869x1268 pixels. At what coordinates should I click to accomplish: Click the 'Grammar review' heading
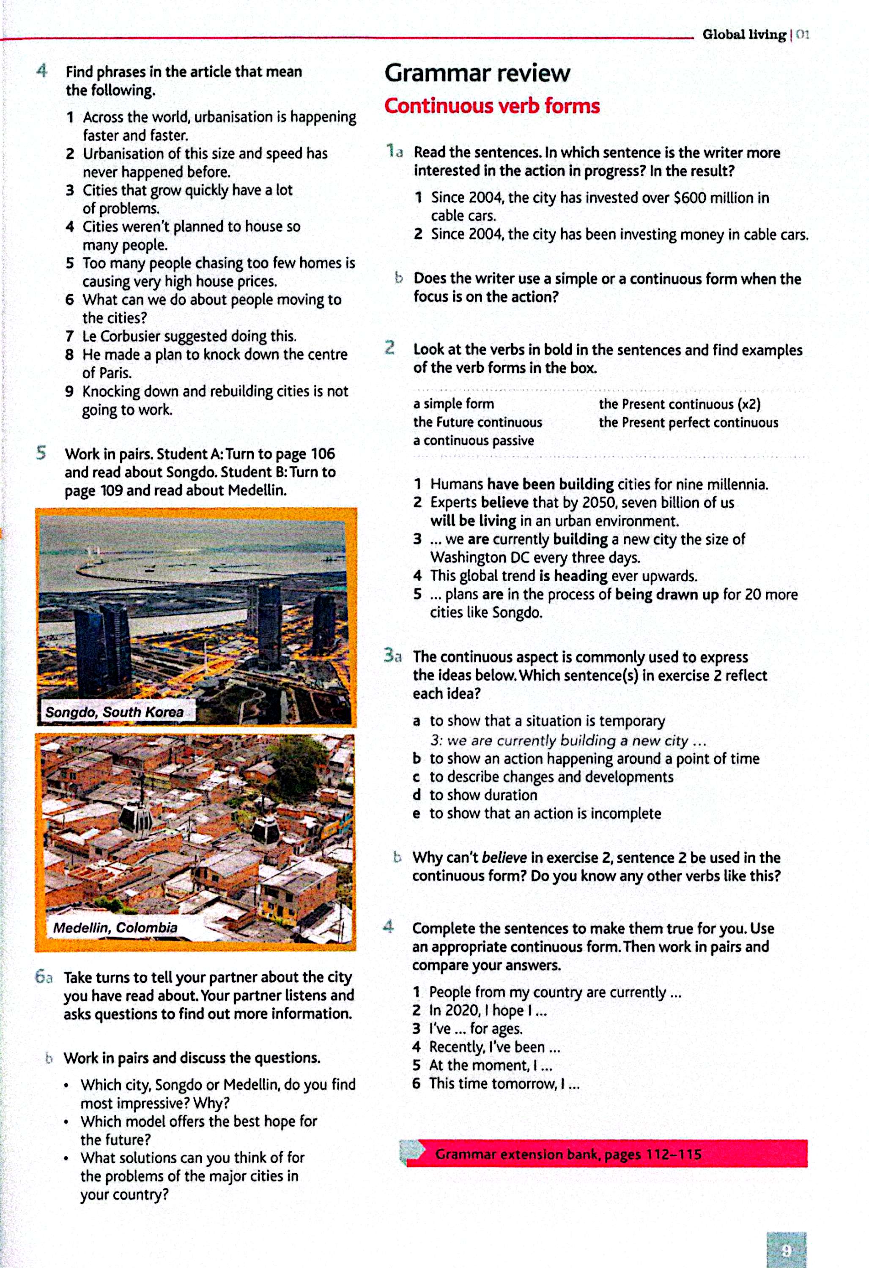(477, 73)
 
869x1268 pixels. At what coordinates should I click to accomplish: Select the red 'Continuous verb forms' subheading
(492, 106)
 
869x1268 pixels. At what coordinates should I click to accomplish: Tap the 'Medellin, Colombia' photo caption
(115, 927)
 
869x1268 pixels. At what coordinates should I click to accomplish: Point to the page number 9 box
(786, 1249)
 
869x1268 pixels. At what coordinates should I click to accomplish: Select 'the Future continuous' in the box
(477, 422)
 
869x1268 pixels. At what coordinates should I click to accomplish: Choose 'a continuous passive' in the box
(473, 441)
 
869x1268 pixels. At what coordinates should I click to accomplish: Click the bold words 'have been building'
(550, 484)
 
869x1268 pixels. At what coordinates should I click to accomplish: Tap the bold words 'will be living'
(473, 521)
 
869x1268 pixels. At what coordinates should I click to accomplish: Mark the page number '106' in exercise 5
(323, 454)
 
